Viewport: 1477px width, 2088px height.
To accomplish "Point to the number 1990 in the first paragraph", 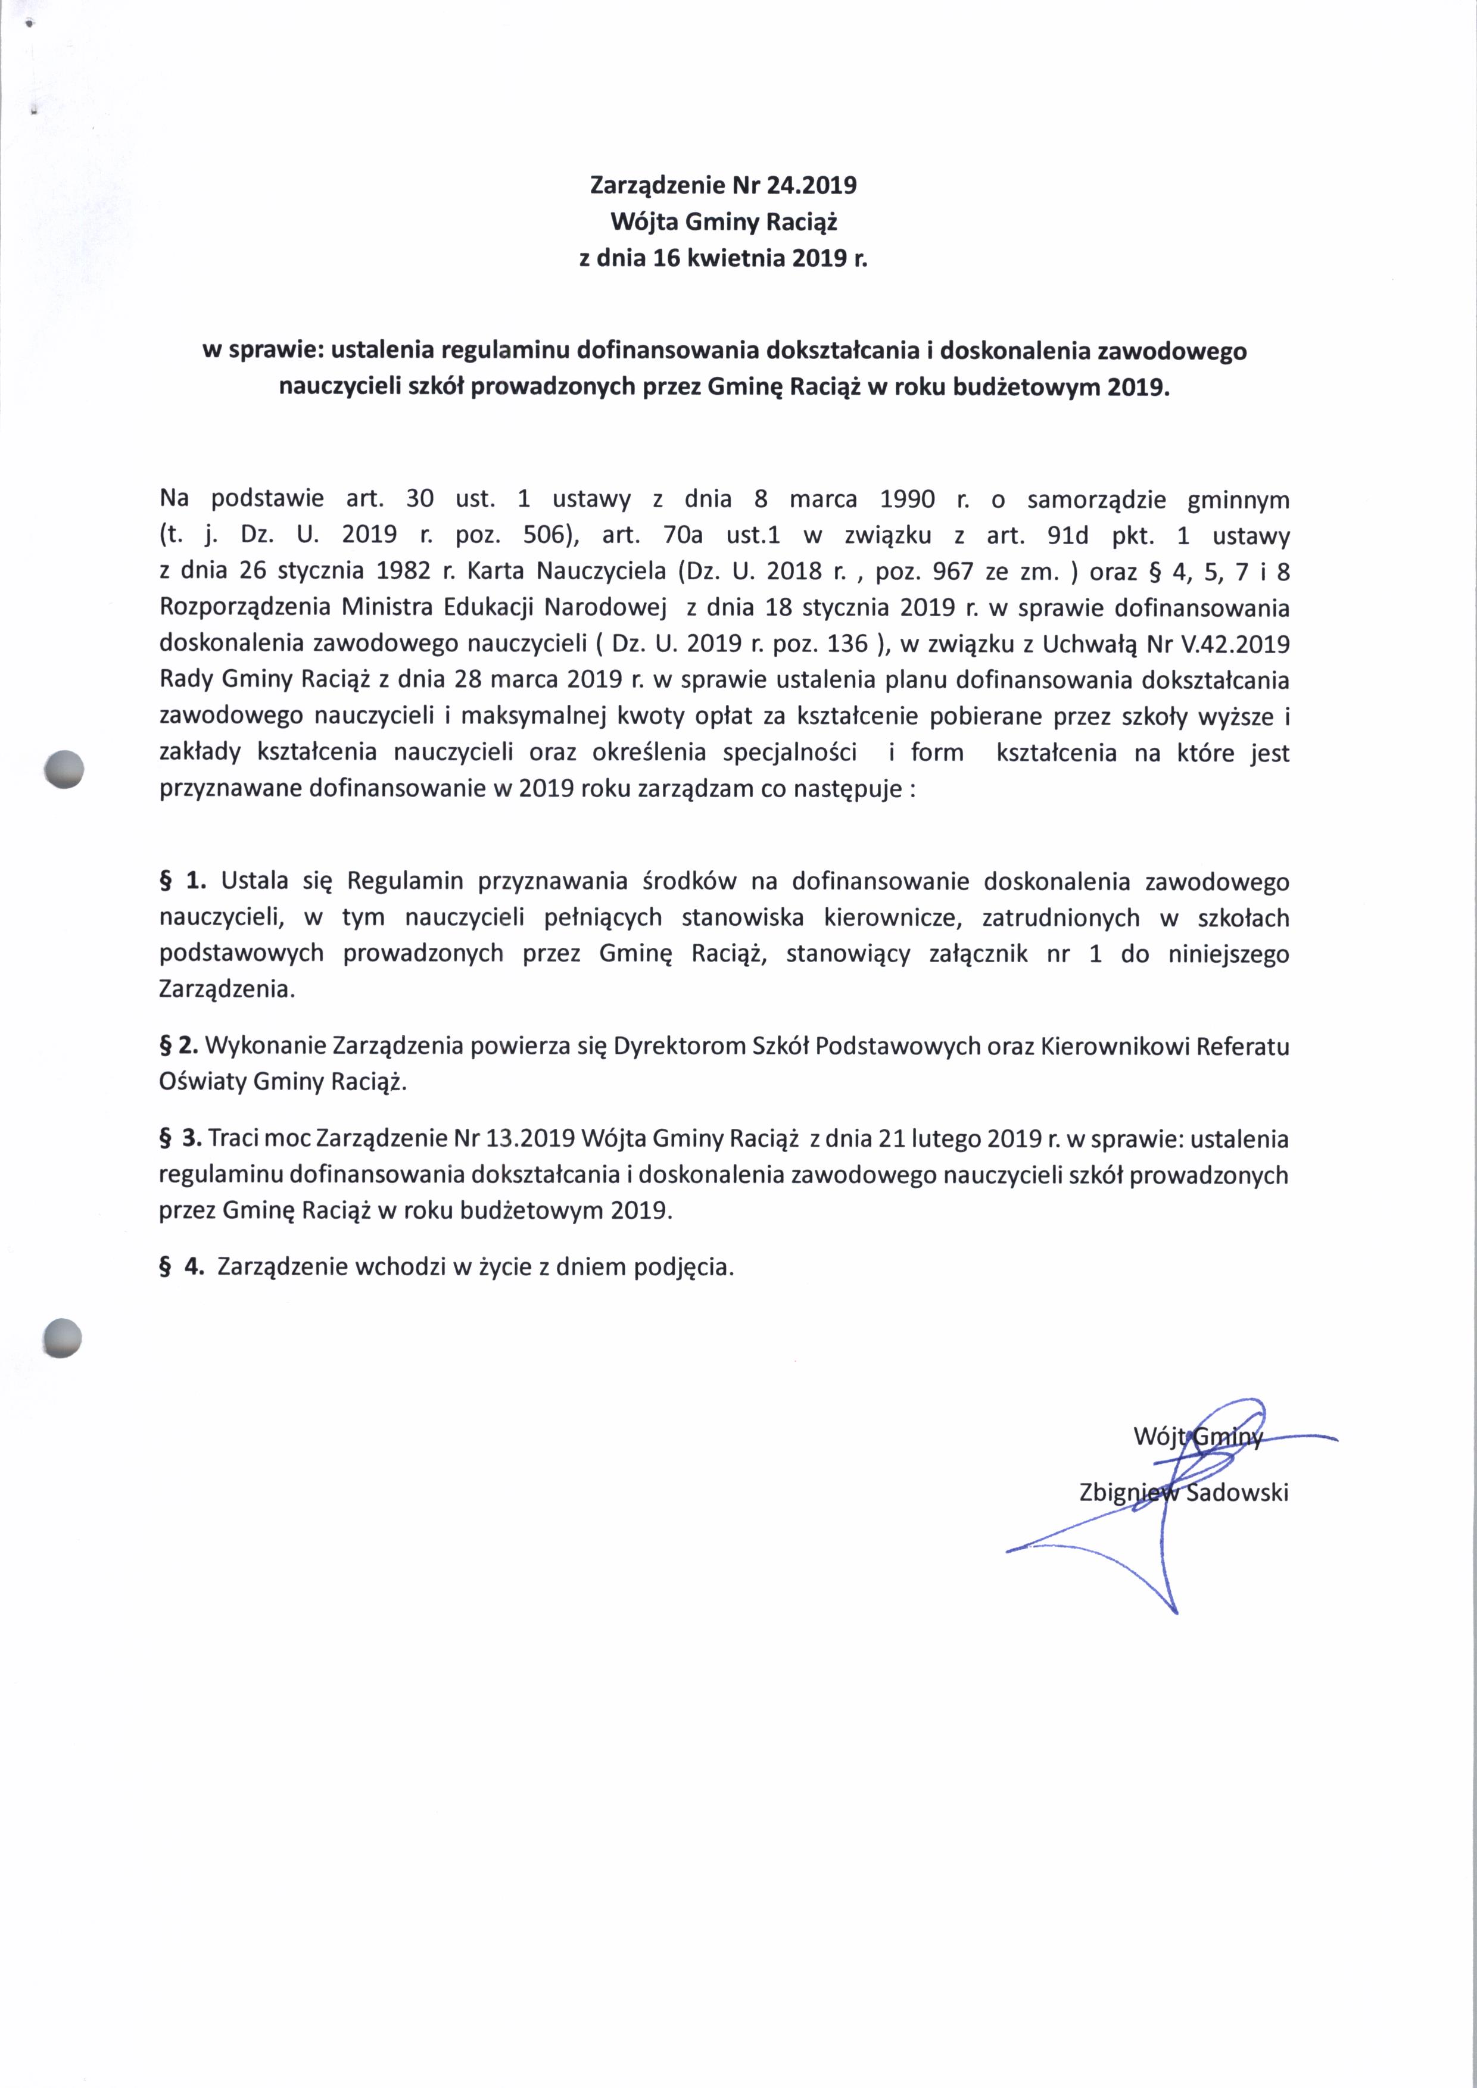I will coord(908,500).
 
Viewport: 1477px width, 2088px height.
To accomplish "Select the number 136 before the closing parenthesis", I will coord(847,644).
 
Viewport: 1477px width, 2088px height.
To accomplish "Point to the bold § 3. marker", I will coord(180,1138).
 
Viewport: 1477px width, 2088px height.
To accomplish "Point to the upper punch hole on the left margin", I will coord(64,769).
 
